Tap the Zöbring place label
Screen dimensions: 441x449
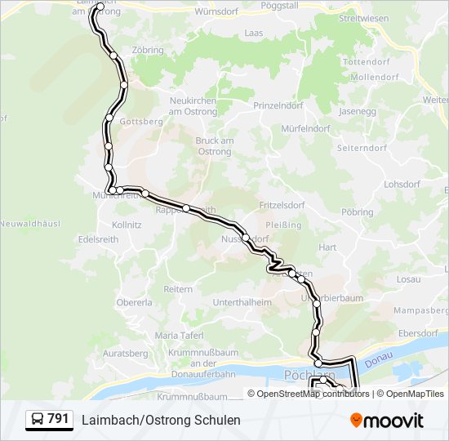pyautogui.click(x=147, y=51)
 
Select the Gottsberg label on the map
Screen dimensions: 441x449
pyautogui.click(x=141, y=122)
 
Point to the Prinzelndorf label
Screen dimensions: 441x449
pyautogui.click(x=278, y=106)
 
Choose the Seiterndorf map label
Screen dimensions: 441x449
pyautogui.click(x=362, y=149)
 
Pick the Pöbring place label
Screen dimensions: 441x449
pyautogui.click(x=357, y=212)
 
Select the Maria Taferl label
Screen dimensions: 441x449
pyautogui.click(x=179, y=335)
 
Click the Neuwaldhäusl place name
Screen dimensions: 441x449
pyautogui.click(x=26, y=224)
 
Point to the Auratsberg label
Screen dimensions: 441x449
pyautogui.click(x=127, y=354)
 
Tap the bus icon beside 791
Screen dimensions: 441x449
pyautogui.click(x=37, y=420)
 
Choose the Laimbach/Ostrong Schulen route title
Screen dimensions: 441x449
pyautogui.click(x=161, y=420)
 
